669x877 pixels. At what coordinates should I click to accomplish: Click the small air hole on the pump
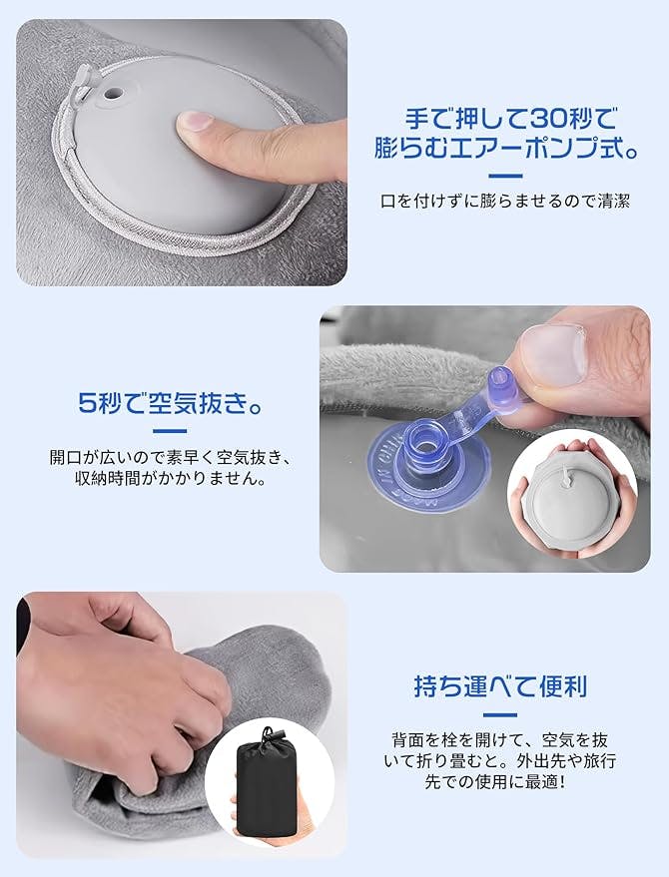pos(112,91)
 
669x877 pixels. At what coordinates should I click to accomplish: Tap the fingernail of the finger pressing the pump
pos(194,121)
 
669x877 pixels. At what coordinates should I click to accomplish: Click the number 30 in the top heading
pos(551,119)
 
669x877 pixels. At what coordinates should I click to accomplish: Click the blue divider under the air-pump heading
pos(505,177)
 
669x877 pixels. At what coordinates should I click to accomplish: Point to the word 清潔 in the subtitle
pos(613,201)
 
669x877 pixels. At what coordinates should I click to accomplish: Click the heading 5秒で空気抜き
pos(170,402)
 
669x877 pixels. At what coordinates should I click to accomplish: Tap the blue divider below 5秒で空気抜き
pos(170,431)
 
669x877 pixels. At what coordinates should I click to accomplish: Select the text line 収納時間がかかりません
pos(170,479)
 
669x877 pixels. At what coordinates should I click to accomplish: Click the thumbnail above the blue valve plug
pos(552,354)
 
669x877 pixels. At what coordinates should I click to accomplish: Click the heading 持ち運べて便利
pos(500,685)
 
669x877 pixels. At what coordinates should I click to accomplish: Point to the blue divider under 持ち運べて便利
pos(499,715)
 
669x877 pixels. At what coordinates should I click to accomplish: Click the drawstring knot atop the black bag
pos(269,733)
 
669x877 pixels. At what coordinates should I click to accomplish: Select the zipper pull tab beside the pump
pos(81,81)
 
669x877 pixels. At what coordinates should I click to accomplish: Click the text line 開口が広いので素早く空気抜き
pos(170,457)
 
